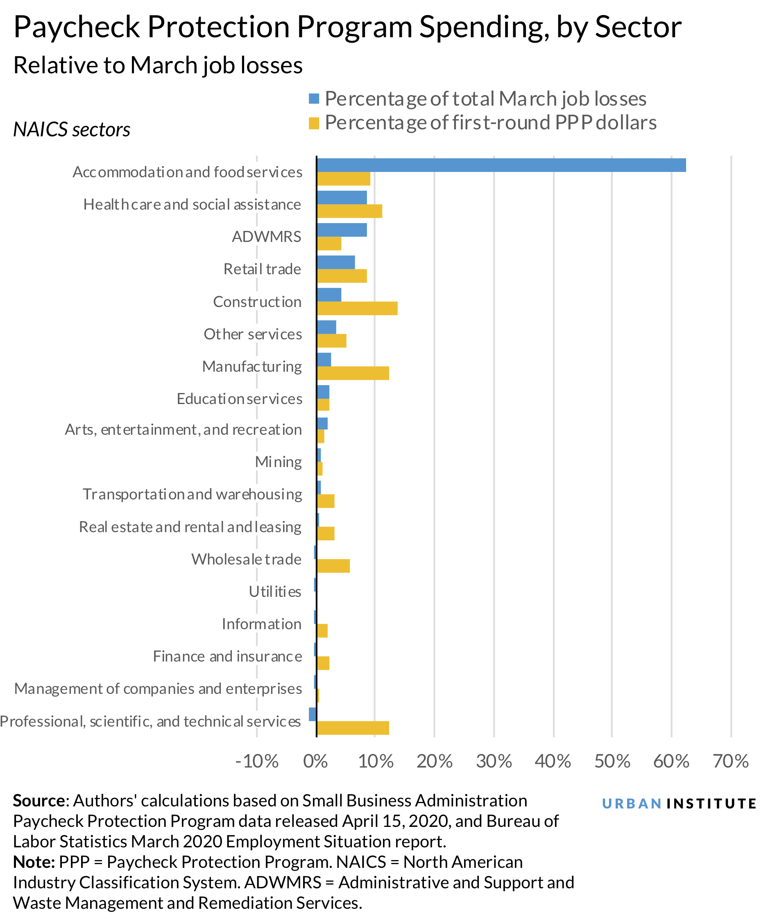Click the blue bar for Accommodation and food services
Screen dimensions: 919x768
(501, 165)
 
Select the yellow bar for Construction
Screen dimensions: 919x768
(357, 308)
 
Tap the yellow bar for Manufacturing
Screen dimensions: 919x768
(353, 373)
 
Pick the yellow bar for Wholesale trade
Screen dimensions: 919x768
(333, 566)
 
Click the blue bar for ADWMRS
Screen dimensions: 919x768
(342, 230)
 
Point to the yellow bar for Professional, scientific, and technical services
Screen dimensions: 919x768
(353, 728)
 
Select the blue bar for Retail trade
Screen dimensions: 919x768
(335, 262)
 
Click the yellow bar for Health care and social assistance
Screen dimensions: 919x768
(349, 211)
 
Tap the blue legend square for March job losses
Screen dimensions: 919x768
(313, 99)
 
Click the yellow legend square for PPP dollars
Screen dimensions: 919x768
(313, 123)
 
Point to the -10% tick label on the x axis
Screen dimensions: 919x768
(256, 761)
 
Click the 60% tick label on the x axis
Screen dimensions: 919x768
(671, 761)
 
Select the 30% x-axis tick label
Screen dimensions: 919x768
(494, 761)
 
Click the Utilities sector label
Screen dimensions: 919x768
(274, 592)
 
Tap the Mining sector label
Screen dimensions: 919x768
(278, 462)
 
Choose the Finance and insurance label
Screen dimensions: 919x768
(227, 657)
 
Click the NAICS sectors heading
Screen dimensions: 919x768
(72, 129)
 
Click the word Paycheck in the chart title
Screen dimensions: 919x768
(76, 27)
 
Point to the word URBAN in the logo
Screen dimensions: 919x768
(631, 804)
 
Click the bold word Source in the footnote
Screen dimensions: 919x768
(39, 800)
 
